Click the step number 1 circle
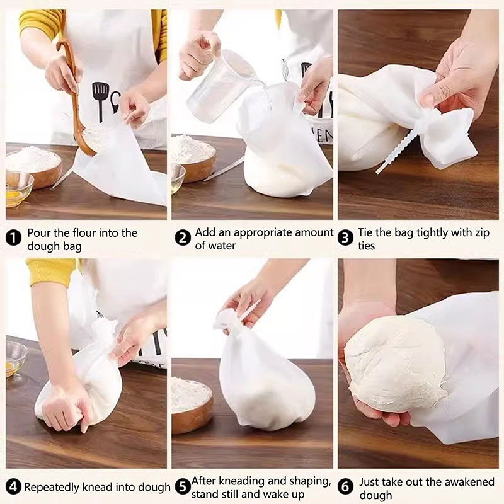coord(13,238)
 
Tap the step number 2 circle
coord(183,238)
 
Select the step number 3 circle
coord(345,238)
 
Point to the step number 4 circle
coord(13,486)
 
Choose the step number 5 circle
coord(183,486)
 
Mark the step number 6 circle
coord(345,486)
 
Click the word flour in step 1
coord(84,232)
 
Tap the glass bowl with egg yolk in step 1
coord(19,190)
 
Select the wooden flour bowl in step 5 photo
coord(192,404)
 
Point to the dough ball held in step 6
coord(396,364)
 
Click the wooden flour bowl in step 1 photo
coord(34,166)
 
